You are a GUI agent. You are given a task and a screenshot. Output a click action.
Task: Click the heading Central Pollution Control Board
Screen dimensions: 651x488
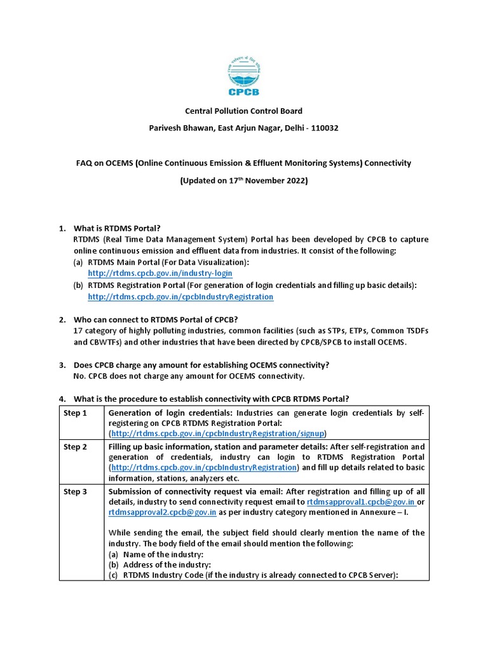[243, 111]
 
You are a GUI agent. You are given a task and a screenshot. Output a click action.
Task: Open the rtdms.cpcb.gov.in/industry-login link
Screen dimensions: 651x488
[160, 273]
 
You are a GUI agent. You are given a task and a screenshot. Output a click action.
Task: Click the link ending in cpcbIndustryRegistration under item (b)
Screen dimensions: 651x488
[180, 297]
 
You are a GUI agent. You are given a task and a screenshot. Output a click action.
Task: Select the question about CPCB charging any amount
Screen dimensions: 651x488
[201, 365]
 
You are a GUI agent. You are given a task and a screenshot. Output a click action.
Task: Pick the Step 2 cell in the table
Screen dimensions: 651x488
[74, 447]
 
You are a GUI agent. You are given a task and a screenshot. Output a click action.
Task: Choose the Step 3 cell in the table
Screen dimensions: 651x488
[74, 491]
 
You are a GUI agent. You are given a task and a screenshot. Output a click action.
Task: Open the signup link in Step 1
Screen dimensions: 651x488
[219, 434]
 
